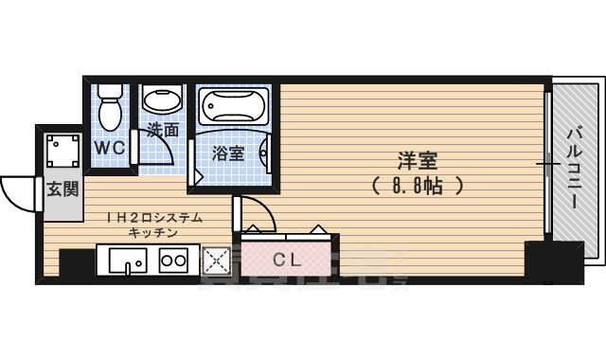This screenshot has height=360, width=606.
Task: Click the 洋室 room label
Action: coord(418,161)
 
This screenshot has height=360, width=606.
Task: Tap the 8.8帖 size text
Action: coord(418,185)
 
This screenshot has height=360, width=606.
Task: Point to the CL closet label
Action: coord(288,259)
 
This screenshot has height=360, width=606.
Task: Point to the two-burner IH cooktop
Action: coord(172,259)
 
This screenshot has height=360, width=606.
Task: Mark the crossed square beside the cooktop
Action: coord(218,259)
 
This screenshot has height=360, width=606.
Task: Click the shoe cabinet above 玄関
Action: coord(62,151)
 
